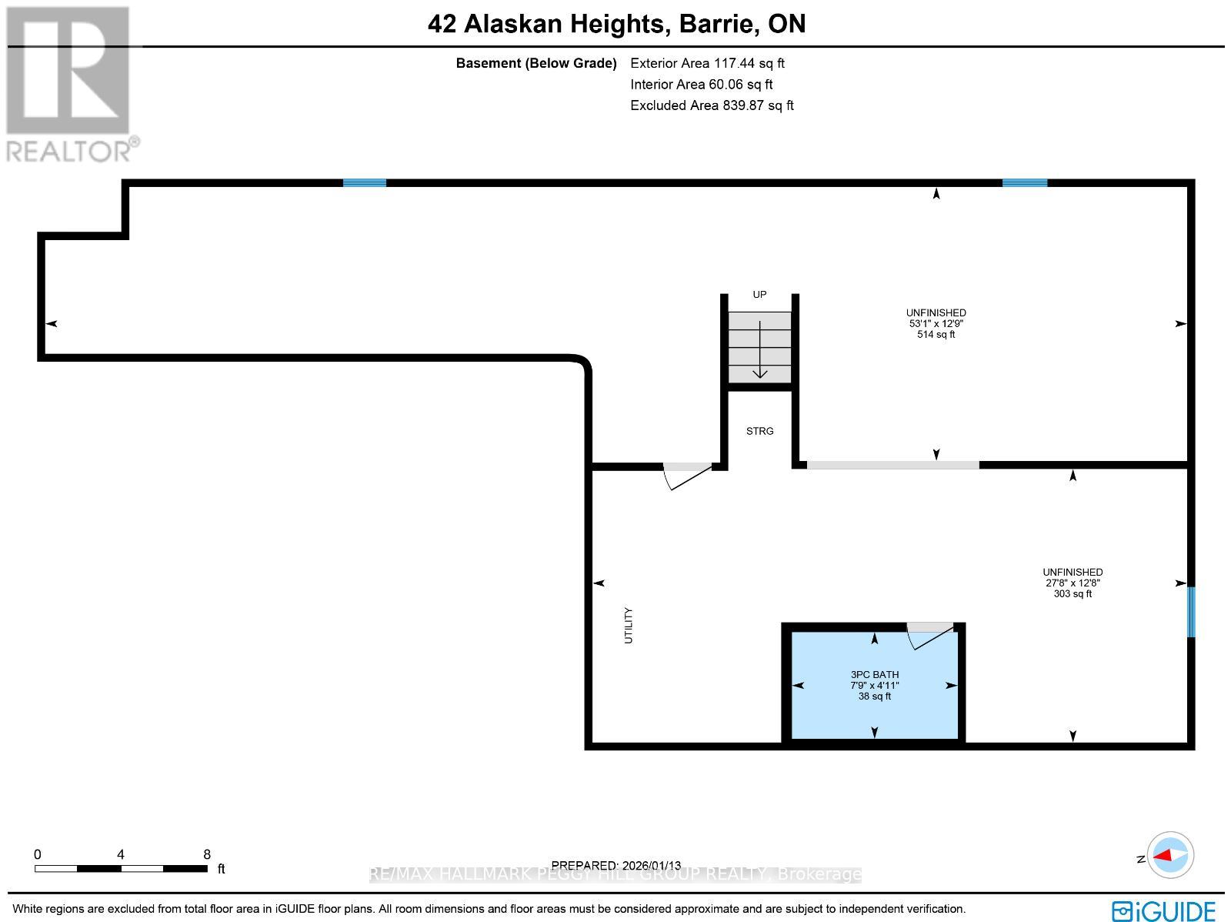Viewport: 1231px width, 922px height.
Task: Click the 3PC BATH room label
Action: coord(874,674)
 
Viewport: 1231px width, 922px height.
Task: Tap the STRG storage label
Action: coord(759,431)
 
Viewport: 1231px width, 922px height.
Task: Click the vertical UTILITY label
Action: coord(629,625)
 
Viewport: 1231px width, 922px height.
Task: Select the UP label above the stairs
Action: coord(759,295)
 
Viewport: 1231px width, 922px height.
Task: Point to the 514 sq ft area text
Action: coord(936,335)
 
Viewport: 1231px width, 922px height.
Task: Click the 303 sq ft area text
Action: coord(1073,594)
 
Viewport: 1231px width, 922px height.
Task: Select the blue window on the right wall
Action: coord(1191,612)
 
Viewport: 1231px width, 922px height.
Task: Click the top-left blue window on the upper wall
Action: coord(364,182)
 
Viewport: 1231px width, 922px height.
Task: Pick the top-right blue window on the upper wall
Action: coord(1024,182)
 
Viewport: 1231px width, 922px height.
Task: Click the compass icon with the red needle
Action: coord(1170,855)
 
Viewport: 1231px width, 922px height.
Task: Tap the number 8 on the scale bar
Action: coord(207,854)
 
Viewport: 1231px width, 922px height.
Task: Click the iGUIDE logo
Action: coord(1163,910)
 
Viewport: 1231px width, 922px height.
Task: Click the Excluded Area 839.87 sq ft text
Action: coord(712,105)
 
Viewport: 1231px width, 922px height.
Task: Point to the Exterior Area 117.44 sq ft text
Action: coord(707,64)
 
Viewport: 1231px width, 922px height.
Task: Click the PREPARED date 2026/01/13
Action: coord(616,866)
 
